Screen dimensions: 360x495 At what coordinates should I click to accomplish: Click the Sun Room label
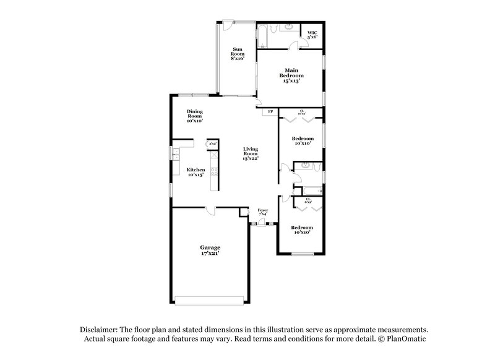tap(238, 53)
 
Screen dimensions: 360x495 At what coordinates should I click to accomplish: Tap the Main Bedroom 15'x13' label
tap(290, 75)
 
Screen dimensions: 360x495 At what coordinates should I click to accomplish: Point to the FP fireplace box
tap(270, 112)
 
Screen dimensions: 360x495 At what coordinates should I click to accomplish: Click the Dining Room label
tap(195, 116)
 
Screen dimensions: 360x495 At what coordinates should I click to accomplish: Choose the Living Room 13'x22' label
tap(250, 153)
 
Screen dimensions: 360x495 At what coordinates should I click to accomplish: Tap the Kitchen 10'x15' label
tap(196, 172)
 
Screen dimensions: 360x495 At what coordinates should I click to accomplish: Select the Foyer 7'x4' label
tap(263, 213)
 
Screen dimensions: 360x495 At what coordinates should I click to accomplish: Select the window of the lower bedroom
tap(303, 254)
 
